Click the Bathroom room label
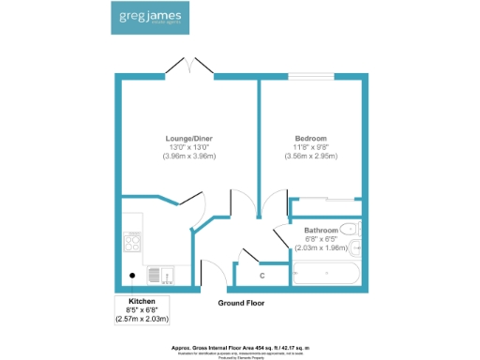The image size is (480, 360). [x=322, y=230]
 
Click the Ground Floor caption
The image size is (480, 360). [x=242, y=304]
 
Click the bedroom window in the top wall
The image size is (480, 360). [x=310, y=76]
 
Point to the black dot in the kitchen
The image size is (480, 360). [x=132, y=276]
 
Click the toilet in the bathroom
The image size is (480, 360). [x=350, y=229]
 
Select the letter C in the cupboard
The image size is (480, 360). [x=262, y=276]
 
